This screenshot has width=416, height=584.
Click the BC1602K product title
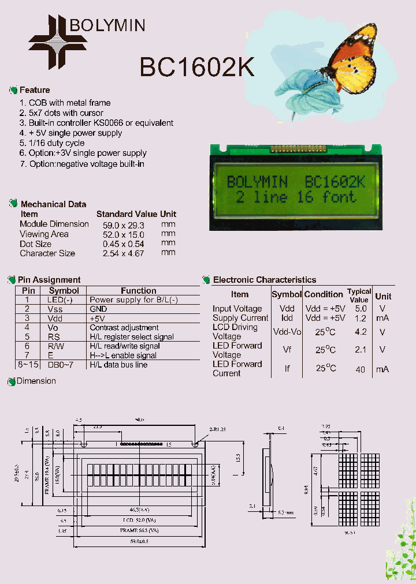(196, 67)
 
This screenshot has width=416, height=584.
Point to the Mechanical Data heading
(53, 204)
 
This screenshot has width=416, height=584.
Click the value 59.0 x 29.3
(123, 224)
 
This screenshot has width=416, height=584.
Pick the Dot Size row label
(35, 244)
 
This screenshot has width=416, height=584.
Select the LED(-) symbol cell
(60, 300)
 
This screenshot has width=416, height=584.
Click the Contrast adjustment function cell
(124, 327)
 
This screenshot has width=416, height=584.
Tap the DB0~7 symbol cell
(60, 365)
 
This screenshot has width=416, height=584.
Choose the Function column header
(139, 291)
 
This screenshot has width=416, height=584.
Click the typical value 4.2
(361, 332)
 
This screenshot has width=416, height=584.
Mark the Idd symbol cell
(287, 318)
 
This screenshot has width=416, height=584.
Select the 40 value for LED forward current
(361, 369)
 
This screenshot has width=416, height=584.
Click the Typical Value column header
(359, 295)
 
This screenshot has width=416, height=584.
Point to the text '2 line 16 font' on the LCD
(296, 197)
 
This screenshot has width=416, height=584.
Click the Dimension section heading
(36, 381)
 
